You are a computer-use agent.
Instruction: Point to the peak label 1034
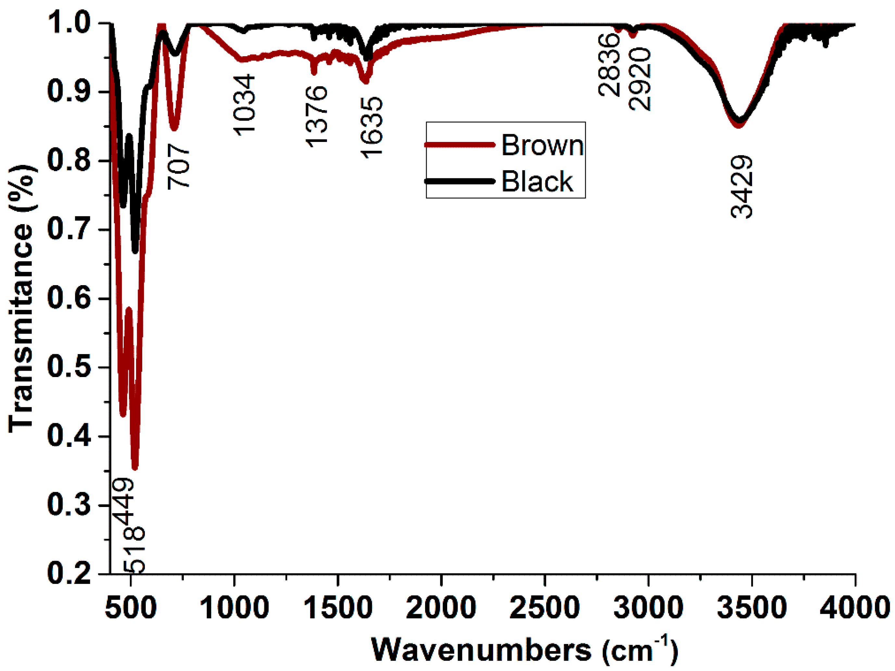point(245,105)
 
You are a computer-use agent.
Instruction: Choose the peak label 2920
point(640,79)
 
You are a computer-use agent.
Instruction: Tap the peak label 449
point(123,501)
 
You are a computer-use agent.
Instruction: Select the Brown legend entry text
point(542,145)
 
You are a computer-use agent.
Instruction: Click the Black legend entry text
point(537,181)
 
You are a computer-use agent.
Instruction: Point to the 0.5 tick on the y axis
point(69,367)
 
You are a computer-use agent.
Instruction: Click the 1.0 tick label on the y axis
point(69,23)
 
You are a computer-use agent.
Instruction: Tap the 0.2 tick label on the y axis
point(69,574)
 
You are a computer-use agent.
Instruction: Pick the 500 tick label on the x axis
point(130,607)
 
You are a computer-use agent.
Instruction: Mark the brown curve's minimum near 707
point(174,129)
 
